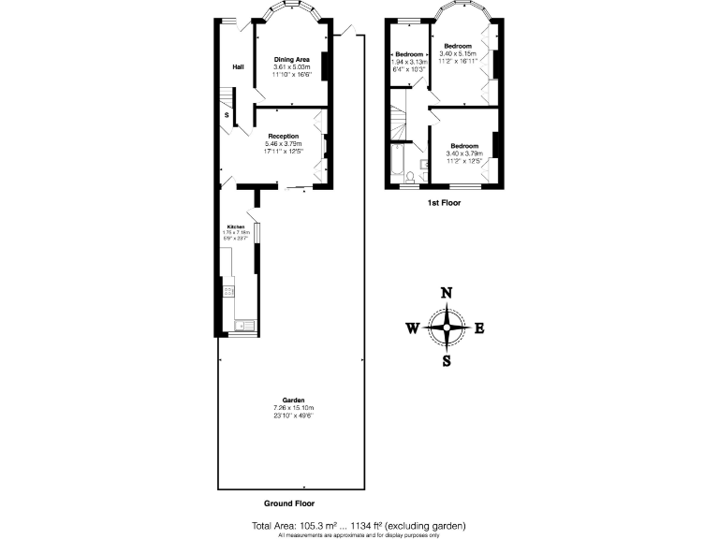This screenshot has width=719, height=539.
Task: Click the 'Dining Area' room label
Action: click(x=291, y=59)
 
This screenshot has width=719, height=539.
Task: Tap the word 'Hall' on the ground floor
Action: click(x=238, y=66)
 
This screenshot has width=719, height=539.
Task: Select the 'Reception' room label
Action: click(x=283, y=136)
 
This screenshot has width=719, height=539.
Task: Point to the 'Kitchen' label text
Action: click(x=235, y=227)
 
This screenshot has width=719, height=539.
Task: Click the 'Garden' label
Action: click(x=293, y=401)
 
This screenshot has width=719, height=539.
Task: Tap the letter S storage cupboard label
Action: click(x=227, y=115)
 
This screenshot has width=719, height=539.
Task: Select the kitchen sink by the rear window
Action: click(x=239, y=325)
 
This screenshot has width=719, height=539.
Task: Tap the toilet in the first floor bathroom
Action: click(x=423, y=174)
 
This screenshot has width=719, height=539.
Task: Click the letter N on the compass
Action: click(x=447, y=293)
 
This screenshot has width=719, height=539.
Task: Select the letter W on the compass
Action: click(x=412, y=328)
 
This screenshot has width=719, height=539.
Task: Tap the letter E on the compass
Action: click(x=478, y=328)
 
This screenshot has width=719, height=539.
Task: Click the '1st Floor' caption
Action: click(x=443, y=202)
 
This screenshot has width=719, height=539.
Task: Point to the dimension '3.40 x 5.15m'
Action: click(x=458, y=54)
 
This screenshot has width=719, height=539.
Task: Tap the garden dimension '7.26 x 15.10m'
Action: click(x=293, y=408)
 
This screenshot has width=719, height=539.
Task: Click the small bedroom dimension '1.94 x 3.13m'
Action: click(x=410, y=62)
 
